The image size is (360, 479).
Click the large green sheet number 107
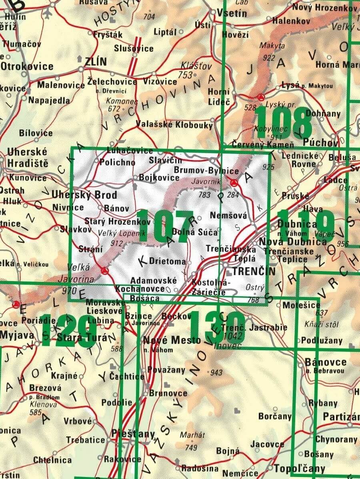(x=168, y=226)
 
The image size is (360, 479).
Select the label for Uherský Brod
(x=84, y=195)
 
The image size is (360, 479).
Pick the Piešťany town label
(x=134, y=433)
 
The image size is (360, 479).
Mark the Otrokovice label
(x=27, y=66)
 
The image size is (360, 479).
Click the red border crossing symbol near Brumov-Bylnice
(x=234, y=183)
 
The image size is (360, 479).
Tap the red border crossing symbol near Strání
(x=105, y=271)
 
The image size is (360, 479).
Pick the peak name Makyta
(x=272, y=45)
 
